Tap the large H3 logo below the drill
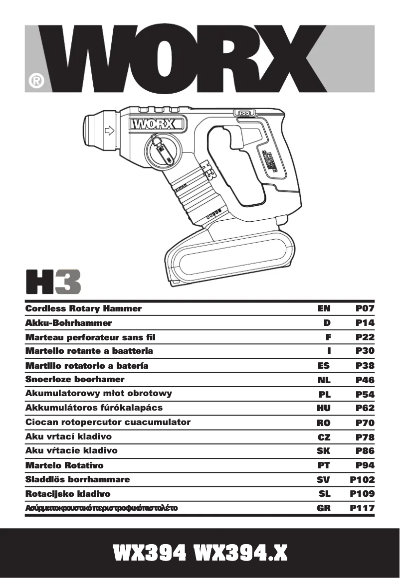click(x=52, y=282)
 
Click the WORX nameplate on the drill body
click(x=156, y=124)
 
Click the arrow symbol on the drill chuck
click(x=109, y=131)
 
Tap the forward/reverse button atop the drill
click(x=244, y=114)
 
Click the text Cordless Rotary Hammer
click(x=83, y=308)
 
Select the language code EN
click(x=324, y=308)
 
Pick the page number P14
click(x=365, y=322)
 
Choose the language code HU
click(x=324, y=408)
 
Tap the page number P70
click(x=365, y=423)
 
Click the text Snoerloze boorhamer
click(x=75, y=379)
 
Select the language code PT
click(x=324, y=465)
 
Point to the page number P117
click(x=362, y=509)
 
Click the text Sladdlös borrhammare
click(x=77, y=479)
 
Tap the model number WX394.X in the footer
click(x=240, y=553)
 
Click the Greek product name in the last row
click(x=101, y=508)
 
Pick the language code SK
click(x=324, y=451)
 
